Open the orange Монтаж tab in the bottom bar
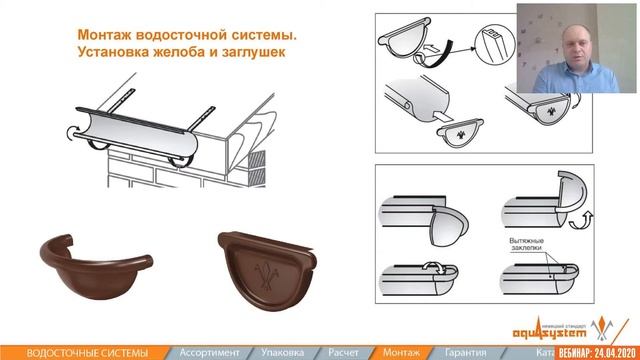click(x=402, y=351)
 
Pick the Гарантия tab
click(x=468, y=351)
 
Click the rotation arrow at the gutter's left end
click(x=66, y=130)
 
